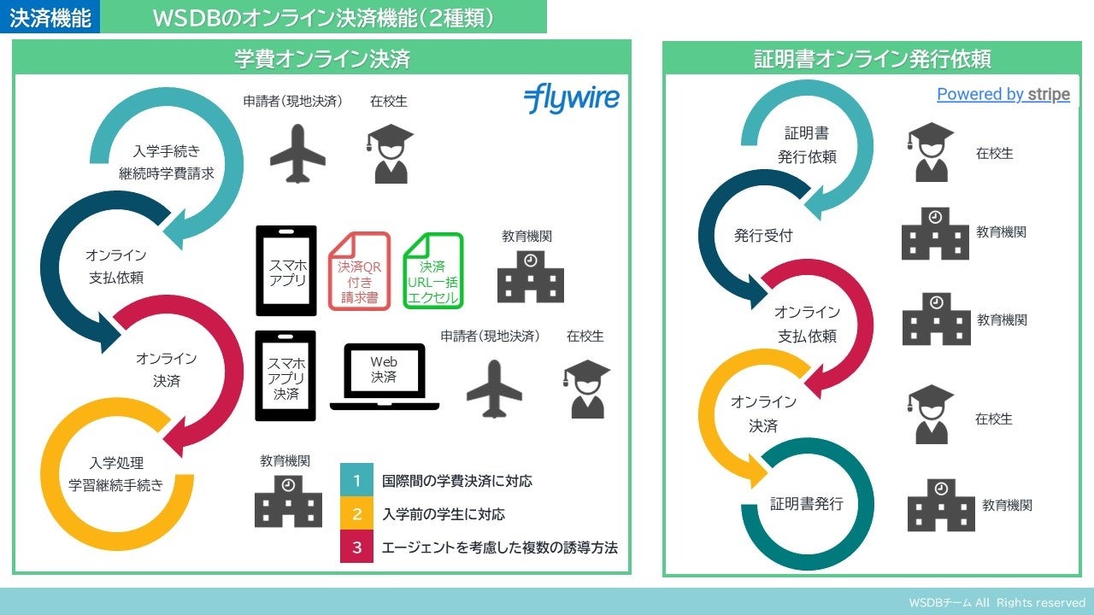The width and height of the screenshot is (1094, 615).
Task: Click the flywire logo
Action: (x=571, y=99)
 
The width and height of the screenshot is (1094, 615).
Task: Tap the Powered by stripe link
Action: (x=1003, y=95)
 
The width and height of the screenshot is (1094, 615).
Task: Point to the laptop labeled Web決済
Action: (x=384, y=376)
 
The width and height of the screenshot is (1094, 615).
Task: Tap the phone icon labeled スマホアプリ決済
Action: (x=285, y=376)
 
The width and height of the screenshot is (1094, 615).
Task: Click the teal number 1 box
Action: (x=356, y=481)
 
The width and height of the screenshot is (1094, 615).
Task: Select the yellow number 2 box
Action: (x=356, y=514)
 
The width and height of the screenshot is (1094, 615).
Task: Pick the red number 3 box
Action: (x=356, y=548)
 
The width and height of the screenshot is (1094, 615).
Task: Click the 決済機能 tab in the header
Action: (x=50, y=17)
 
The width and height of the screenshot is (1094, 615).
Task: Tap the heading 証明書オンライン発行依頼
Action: (x=872, y=59)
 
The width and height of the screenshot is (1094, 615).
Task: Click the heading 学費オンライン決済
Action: (x=322, y=59)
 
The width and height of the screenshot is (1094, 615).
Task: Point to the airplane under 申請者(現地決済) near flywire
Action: (x=297, y=154)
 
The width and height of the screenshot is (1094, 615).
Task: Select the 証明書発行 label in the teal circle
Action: (x=806, y=504)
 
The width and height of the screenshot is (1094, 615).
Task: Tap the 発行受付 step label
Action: (x=763, y=236)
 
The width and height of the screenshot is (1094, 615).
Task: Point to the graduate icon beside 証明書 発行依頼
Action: (x=930, y=153)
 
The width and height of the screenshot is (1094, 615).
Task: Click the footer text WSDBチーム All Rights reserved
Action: (x=997, y=603)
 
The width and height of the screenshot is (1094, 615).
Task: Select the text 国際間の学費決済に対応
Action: (x=457, y=481)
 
